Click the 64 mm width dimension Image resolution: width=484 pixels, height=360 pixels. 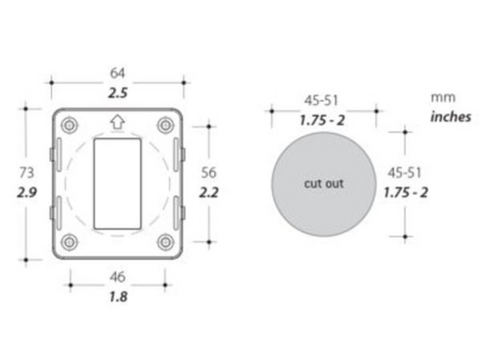(117, 74)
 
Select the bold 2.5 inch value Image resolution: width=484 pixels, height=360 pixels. (117, 92)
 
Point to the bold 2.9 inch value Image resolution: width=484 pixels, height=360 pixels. (26, 193)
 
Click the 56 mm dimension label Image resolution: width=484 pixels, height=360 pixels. (209, 172)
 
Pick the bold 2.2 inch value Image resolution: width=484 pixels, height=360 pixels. (209, 193)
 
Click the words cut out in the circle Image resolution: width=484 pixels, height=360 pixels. (323, 183)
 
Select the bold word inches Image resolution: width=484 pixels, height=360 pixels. (450, 116)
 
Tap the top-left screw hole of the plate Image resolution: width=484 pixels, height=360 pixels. (69, 125)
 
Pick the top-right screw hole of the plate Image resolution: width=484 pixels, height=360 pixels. (165, 125)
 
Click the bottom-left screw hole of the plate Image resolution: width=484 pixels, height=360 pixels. (69, 241)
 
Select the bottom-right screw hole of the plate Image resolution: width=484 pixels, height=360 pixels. (165, 241)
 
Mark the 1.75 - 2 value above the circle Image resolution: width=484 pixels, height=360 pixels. (321, 120)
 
